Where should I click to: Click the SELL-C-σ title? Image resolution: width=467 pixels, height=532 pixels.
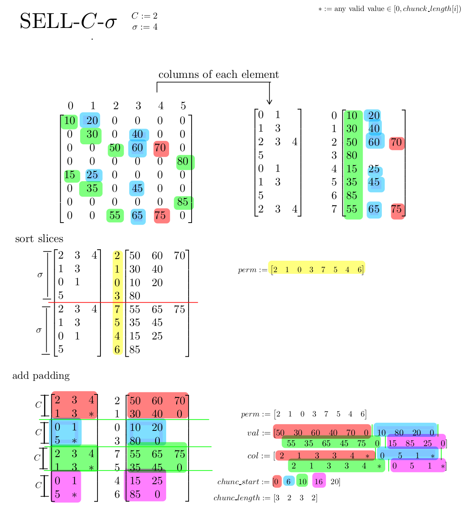68,21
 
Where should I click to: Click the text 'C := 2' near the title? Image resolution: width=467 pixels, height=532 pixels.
144,16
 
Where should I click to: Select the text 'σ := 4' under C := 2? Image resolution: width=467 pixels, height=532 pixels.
145,27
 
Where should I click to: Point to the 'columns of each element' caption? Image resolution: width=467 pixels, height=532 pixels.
219,75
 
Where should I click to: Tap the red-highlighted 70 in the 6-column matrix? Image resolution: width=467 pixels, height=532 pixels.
160,148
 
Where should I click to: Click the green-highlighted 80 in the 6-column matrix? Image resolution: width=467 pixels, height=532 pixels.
183,161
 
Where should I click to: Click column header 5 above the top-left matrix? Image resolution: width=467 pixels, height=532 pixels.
183,106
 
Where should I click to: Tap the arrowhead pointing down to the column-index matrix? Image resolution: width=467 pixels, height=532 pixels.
269,102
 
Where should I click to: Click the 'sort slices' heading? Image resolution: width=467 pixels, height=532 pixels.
39,239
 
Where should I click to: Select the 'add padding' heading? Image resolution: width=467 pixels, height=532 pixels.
41,376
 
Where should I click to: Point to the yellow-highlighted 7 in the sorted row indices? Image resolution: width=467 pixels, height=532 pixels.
117,309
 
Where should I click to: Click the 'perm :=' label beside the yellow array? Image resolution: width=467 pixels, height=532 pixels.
253,270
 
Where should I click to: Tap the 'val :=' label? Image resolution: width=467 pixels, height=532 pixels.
259,433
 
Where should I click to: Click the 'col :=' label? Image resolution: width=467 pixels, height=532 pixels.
259,456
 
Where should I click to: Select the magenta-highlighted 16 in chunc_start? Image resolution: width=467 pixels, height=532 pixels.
318,481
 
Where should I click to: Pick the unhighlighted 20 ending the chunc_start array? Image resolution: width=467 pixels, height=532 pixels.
335,481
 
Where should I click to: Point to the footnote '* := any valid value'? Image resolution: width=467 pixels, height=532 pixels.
389,9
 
